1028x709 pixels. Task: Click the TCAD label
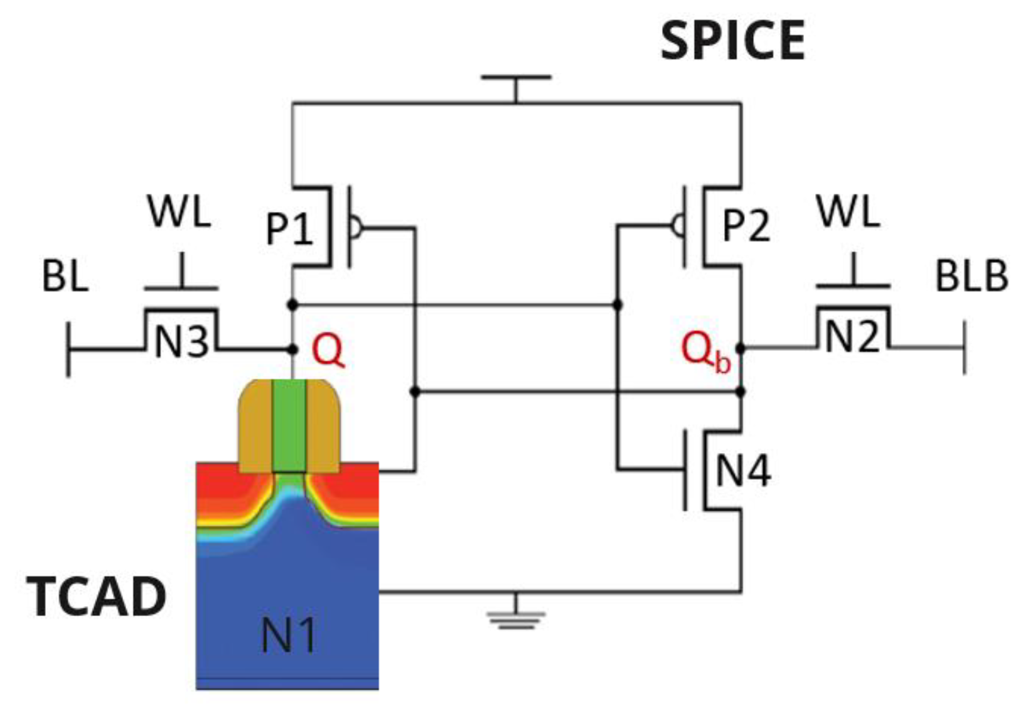pos(97,597)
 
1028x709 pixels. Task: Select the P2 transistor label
pos(746,225)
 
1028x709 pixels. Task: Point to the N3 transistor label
pos(181,343)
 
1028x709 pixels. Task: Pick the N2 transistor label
pos(852,337)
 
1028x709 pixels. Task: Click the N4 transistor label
pos(743,471)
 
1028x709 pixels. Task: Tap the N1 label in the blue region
pos(289,635)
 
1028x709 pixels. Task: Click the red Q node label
pos(328,350)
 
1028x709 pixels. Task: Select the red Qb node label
pos(705,351)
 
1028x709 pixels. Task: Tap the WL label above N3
pos(179,211)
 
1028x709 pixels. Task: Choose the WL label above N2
pos(848,211)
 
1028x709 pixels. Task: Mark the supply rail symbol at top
pos(516,78)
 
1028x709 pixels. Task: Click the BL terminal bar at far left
pos(68,349)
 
